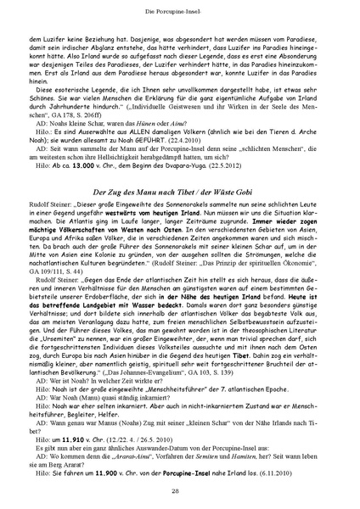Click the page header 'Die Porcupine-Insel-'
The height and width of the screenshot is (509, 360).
181,8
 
